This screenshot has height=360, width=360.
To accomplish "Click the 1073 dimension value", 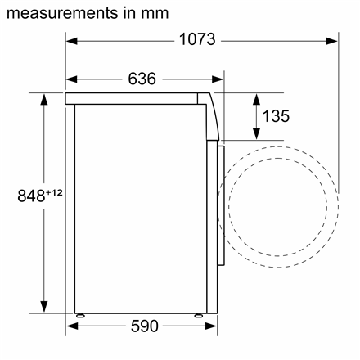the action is pyautogui.click(x=197, y=39).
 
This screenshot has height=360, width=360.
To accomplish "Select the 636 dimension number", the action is pyautogui.click(x=142, y=79).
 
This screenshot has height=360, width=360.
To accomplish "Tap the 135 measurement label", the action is pyautogui.click(x=276, y=116).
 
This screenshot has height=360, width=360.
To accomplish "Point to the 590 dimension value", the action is pyautogui.click(x=145, y=326).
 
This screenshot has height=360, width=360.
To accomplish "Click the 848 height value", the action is pyautogui.click(x=31, y=196).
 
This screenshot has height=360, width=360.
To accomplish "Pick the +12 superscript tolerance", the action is pyautogui.click(x=54, y=193).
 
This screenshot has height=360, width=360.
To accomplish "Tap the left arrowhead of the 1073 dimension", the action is pyautogui.click(x=72, y=41).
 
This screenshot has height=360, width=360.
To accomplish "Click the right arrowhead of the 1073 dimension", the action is pyautogui.click(x=332, y=41).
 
